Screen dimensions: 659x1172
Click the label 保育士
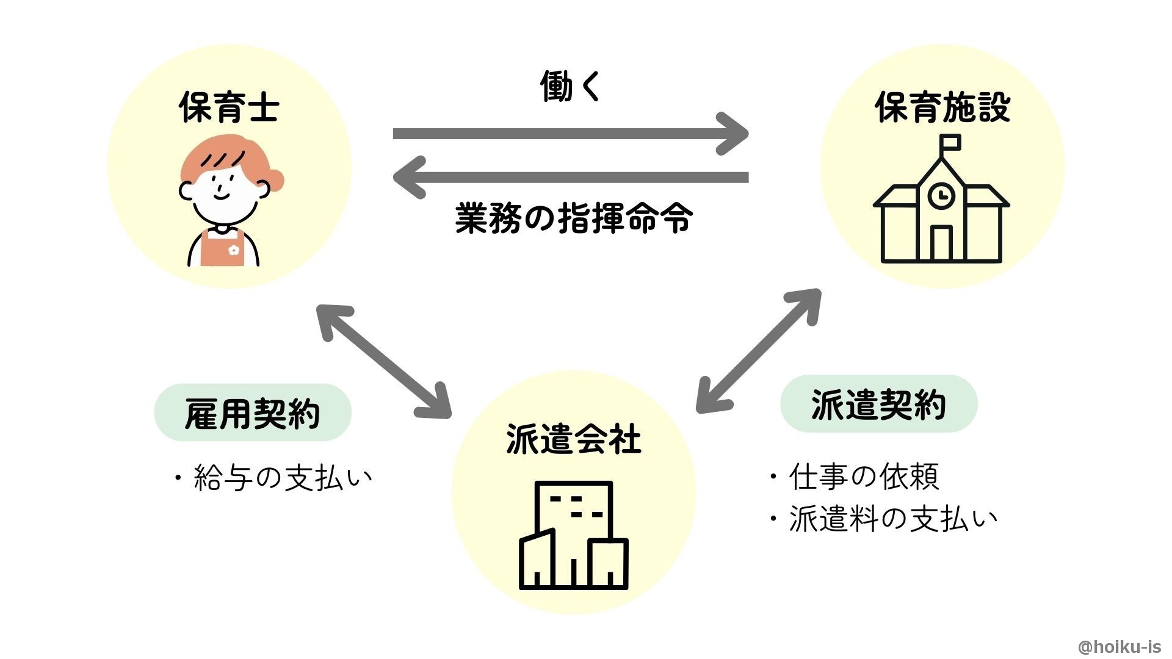click(x=229, y=107)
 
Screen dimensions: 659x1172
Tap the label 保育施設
click(x=942, y=107)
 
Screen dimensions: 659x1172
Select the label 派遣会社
click(x=573, y=439)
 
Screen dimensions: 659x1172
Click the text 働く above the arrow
click(x=571, y=86)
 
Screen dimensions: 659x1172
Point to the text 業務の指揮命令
click(x=573, y=218)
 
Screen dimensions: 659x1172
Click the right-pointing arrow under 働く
click(x=570, y=134)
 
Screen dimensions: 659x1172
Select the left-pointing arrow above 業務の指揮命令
click(x=570, y=178)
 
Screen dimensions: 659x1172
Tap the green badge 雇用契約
click(x=253, y=413)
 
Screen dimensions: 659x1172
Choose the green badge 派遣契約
click(x=879, y=404)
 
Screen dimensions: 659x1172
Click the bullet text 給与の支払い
click(x=273, y=478)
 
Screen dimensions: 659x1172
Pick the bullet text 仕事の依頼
click(x=854, y=477)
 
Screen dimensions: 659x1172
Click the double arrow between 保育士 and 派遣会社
click(x=383, y=361)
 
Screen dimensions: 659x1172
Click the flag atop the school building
click(x=950, y=143)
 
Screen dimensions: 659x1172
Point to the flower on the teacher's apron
click(x=233, y=250)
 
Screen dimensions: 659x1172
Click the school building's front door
click(x=942, y=243)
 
